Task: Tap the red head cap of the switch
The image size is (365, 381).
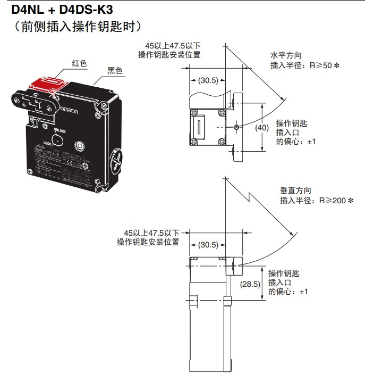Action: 48,85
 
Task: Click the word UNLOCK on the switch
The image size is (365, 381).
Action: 60,129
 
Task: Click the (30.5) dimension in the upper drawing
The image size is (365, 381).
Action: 208,81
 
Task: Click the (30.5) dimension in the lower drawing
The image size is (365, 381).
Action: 208,245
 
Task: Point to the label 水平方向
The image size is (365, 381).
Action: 286,55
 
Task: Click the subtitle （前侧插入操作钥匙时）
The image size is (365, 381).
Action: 77,26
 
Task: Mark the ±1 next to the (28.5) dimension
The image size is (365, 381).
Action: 303,292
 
